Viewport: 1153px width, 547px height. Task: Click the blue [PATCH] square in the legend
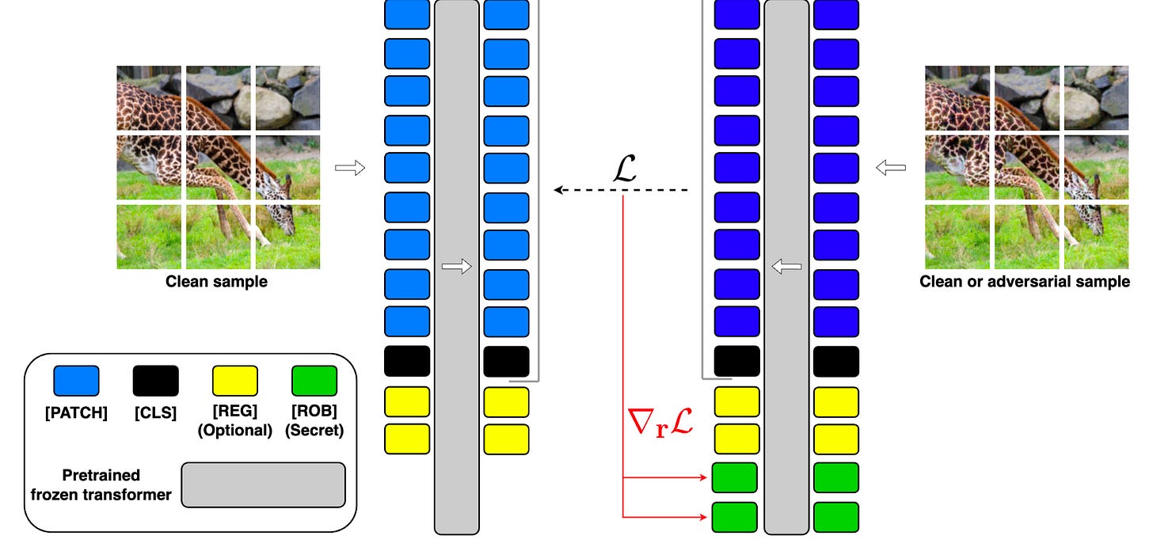click(x=76, y=381)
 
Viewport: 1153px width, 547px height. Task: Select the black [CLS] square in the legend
click(x=156, y=381)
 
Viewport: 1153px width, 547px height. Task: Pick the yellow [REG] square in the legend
click(x=234, y=381)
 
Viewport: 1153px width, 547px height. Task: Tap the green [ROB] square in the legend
click(x=314, y=381)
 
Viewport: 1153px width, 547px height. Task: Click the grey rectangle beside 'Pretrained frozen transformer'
click(x=263, y=484)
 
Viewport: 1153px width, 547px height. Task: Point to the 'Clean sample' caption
click(x=216, y=282)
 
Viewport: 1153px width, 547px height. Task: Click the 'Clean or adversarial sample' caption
click(x=1025, y=282)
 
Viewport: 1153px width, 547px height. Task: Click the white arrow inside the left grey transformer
click(x=456, y=268)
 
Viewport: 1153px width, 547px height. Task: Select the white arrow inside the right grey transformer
click(x=786, y=268)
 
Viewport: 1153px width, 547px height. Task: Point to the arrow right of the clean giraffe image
click(x=350, y=168)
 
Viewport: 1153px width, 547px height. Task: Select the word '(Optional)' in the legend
click(x=234, y=431)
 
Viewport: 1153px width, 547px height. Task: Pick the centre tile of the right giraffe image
click(x=1028, y=166)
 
